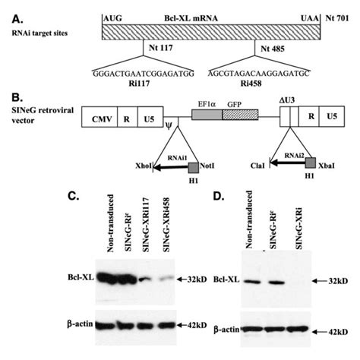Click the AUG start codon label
coord(111,16)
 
